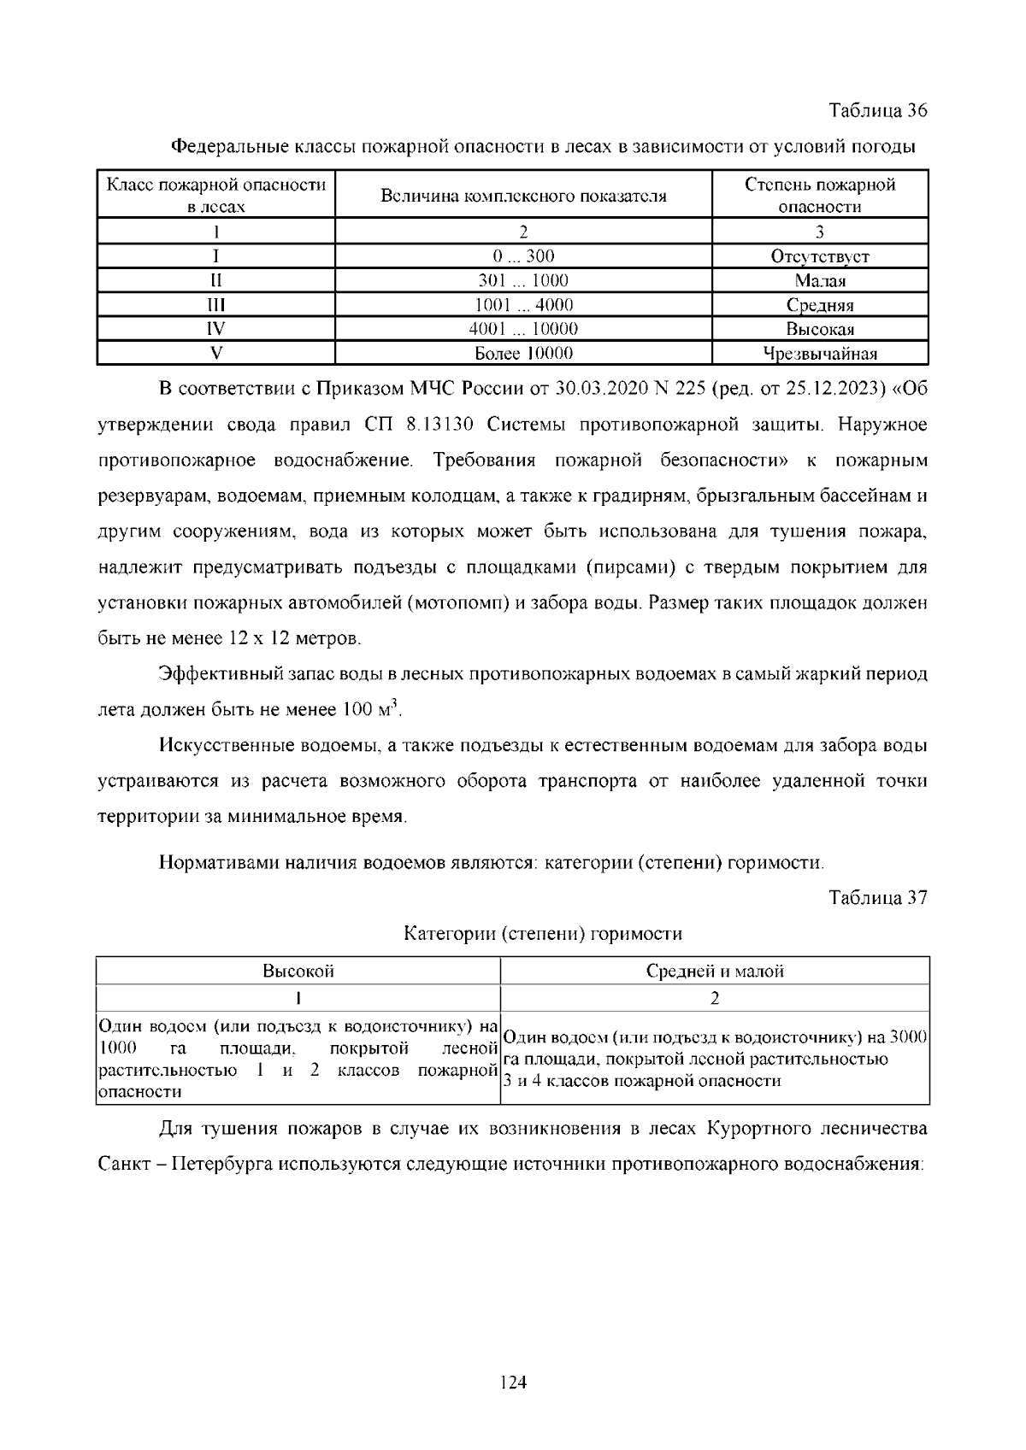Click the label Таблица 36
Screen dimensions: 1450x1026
[x=878, y=111]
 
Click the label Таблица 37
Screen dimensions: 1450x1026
[x=878, y=898]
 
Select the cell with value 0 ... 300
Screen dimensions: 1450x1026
[x=523, y=256]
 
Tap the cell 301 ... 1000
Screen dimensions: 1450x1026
[x=523, y=280]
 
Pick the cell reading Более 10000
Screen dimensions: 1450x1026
[x=523, y=353]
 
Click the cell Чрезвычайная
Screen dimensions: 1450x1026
[x=820, y=354]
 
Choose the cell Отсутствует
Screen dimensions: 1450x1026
[x=820, y=256]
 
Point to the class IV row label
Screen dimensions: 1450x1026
[x=215, y=329]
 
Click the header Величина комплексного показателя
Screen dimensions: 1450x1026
[x=523, y=196]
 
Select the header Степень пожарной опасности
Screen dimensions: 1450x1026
[x=820, y=196]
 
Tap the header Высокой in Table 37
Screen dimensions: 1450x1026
[x=298, y=972]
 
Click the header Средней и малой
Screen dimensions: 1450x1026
[x=715, y=972]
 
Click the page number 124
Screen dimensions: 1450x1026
[x=513, y=1382]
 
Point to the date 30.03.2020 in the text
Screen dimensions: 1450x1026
[x=598, y=390]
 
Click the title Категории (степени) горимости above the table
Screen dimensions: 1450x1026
[x=543, y=934]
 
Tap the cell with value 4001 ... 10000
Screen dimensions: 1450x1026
[x=523, y=329]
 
